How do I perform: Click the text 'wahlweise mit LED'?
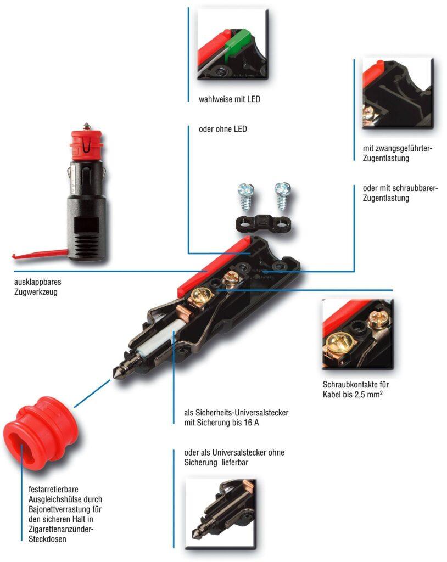coord(229,100)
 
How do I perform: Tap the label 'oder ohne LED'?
coord(222,130)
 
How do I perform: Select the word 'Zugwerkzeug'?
coord(36,293)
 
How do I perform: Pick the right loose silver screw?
coord(283,193)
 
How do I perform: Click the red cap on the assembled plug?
coord(86,144)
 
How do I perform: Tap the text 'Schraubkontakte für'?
coord(356,384)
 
